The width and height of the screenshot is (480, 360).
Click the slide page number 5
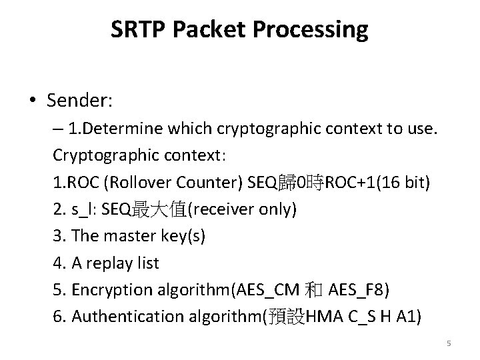(449, 343)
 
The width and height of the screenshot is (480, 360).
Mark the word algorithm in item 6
(223, 317)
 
